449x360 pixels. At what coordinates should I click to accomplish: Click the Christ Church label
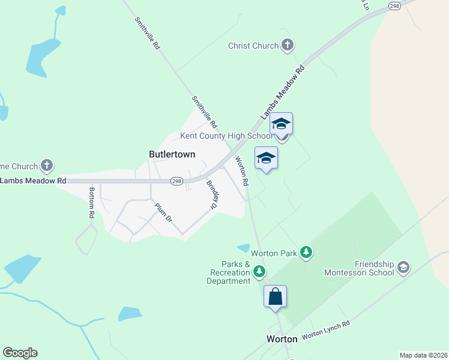[x=253, y=46]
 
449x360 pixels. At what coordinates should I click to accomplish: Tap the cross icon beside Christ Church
[x=288, y=45]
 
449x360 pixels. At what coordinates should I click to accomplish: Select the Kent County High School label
[x=226, y=136]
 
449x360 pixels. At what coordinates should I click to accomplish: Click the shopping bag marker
[x=275, y=296]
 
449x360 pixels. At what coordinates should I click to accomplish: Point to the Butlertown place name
[x=172, y=154]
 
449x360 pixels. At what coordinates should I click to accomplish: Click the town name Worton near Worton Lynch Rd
[x=282, y=339]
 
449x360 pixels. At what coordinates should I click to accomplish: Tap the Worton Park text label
[x=274, y=253]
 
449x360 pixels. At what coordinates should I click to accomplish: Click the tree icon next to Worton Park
[x=306, y=253]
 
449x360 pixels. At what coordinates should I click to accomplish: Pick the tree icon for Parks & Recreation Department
[x=259, y=272]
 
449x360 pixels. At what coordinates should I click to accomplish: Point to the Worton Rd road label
[x=242, y=170]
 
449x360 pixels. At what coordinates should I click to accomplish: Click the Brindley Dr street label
[x=211, y=194]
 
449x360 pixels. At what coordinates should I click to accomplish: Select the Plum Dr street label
[x=164, y=212]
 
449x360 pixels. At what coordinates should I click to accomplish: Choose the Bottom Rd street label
[x=92, y=203]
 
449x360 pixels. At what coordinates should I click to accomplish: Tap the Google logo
[x=20, y=353]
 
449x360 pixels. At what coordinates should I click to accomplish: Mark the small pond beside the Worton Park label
[x=243, y=248]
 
